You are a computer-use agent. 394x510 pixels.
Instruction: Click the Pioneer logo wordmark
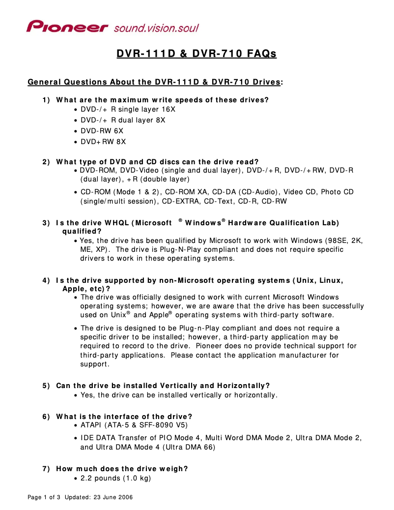[67, 27]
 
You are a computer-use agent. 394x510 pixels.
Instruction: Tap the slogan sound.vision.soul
[156, 28]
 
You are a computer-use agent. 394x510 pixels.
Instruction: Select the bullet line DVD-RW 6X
[102, 131]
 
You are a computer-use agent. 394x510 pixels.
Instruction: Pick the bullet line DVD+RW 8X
[103, 142]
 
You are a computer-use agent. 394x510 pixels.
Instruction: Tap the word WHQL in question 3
[116, 223]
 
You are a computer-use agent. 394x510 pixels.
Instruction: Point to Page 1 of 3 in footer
[44, 497]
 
